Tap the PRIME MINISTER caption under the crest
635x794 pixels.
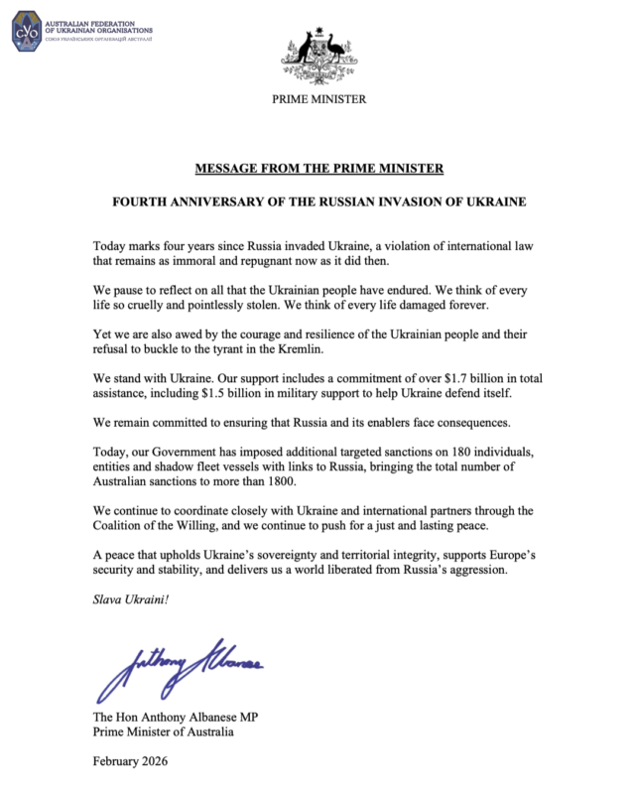click(317, 99)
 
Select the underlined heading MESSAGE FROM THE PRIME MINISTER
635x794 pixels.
click(317, 168)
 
